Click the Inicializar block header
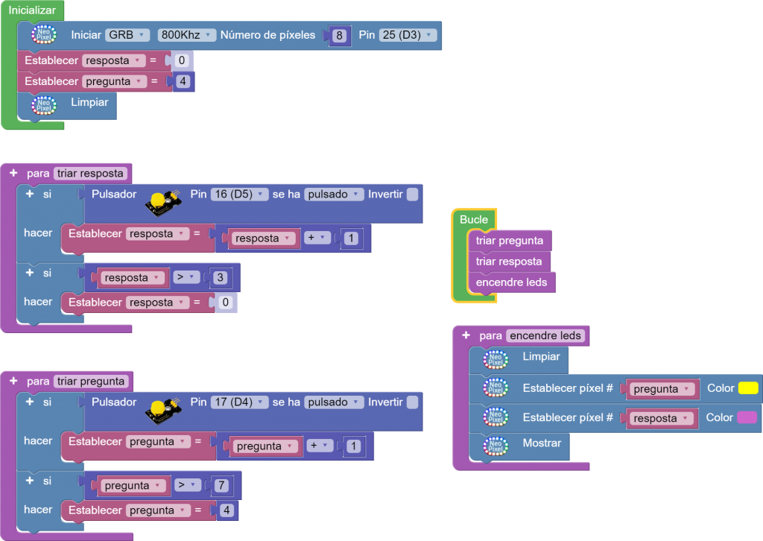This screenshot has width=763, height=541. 32,10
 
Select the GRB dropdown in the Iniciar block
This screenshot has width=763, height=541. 127,35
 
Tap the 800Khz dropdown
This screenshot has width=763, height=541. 186,35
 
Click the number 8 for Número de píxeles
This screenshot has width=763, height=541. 340,36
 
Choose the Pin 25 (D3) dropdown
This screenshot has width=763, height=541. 407,35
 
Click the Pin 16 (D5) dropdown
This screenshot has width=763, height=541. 238,194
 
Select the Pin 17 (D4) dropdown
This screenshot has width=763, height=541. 238,402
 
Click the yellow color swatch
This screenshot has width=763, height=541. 747,388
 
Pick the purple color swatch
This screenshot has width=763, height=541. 747,417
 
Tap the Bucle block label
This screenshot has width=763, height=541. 474,219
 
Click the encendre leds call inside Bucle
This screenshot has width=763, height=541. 511,282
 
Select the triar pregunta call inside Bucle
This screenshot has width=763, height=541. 510,241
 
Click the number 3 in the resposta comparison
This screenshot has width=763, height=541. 221,278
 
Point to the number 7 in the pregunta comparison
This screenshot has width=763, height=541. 221,486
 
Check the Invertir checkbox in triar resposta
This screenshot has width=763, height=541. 412,194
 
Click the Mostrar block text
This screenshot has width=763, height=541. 542,443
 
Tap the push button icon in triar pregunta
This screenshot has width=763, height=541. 162,407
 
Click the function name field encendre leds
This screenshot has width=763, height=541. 545,336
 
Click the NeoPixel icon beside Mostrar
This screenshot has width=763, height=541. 495,446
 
